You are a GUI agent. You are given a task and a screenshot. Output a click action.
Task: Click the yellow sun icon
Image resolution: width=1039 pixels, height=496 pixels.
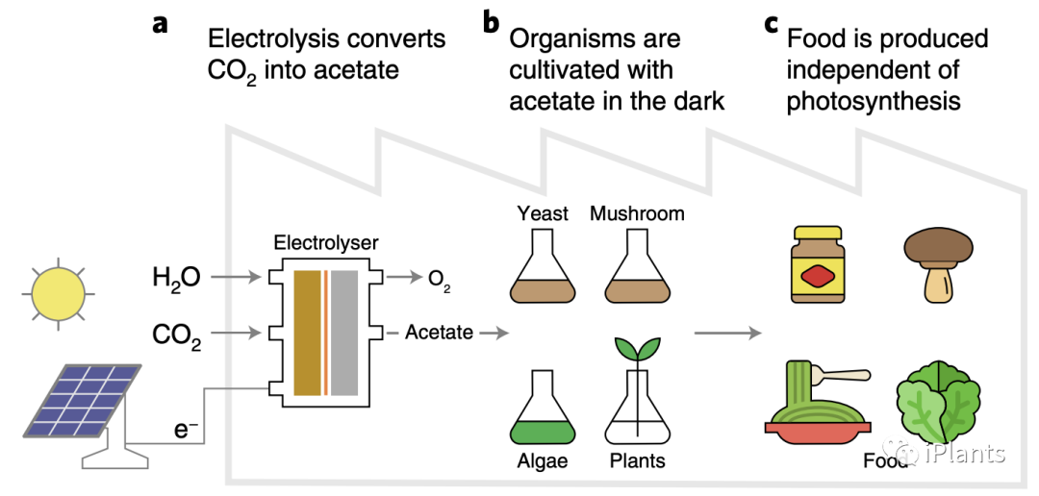tap(62, 292)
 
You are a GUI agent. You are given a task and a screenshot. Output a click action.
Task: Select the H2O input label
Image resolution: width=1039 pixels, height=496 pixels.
tap(176, 279)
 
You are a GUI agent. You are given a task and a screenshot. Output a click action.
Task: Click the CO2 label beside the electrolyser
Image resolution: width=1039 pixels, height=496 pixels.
tap(176, 335)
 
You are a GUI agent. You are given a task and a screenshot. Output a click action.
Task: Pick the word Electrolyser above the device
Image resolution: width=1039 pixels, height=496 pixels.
tap(326, 244)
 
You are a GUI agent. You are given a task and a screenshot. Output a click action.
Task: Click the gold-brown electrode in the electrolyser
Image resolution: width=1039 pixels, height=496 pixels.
tap(307, 333)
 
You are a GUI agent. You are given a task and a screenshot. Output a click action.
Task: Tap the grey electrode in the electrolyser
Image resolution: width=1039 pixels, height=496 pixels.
tap(344, 333)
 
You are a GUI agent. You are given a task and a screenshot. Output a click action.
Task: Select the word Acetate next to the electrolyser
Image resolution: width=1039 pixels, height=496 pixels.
tap(439, 333)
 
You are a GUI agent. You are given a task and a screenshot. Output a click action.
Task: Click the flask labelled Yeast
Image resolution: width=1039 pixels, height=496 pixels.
tap(543, 270)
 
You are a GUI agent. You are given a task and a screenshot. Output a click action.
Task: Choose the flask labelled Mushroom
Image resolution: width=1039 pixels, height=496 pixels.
tap(636, 270)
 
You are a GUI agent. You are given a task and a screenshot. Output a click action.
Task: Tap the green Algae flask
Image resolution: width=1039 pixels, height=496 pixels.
tap(544, 409)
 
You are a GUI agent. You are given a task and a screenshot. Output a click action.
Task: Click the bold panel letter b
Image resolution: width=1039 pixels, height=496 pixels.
tap(492, 22)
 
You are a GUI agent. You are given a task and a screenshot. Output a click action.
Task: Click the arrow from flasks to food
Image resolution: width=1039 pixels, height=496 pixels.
tap(726, 334)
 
